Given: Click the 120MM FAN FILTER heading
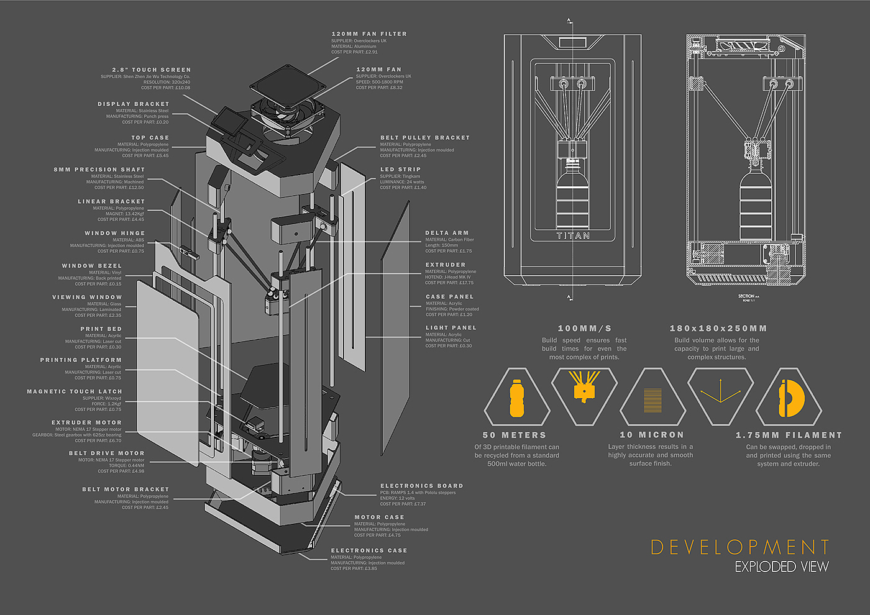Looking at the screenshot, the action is coord(369,34).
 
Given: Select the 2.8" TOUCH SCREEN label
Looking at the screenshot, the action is coord(151,70).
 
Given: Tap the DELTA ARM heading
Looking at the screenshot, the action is coord(447,233).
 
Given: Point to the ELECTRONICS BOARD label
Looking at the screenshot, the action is coord(421,486).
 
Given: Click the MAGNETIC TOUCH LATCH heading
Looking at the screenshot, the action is coord(74,391).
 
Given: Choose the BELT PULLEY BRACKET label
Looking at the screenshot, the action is coord(425,138).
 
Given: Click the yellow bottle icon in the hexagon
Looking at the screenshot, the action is coord(517,398).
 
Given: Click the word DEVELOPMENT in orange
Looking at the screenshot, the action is coord(739,547).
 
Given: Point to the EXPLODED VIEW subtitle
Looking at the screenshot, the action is coord(781,567).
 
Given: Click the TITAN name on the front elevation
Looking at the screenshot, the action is coord(572,236).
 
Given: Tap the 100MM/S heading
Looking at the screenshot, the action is coord(584,329).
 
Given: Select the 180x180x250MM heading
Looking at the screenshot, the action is coord(718,329).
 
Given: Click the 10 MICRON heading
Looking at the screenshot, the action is coord(651,435).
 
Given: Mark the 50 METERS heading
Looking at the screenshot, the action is coord(514,435).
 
